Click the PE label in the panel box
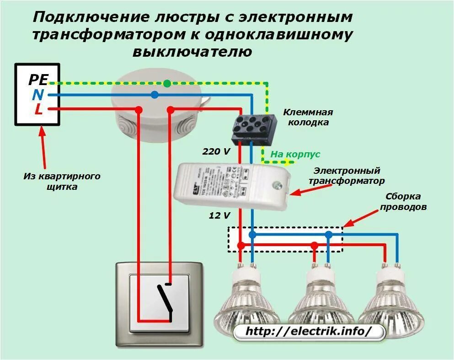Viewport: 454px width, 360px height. coord(37,80)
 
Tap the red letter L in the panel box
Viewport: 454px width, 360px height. coord(39,109)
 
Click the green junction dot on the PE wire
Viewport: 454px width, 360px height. coord(167,83)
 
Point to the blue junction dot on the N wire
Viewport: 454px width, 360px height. coord(155,95)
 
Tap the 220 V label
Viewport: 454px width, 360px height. coord(216,151)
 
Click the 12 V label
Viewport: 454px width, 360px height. coord(219,215)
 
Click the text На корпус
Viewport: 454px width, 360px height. coord(288,155)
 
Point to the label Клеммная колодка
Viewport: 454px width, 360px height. coord(308,117)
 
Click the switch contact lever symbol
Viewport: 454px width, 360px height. coord(165,297)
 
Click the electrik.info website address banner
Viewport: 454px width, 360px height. coord(309,332)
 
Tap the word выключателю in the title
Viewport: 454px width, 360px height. coord(192,51)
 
